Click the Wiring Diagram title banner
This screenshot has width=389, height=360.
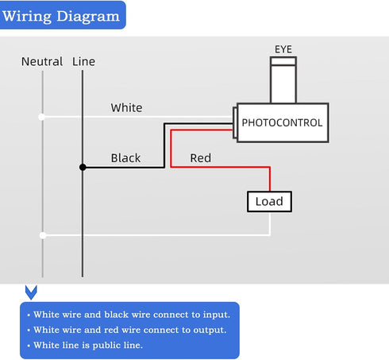[x=63, y=15]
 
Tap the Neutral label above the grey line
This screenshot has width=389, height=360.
[x=42, y=62]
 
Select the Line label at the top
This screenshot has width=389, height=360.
[x=83, y=62]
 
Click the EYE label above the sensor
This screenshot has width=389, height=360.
[x=283, y=49]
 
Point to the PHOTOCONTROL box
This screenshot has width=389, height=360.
[x=283, y=123]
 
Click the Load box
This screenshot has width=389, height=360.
[x=269, y=202]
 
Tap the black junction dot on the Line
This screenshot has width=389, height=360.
[x=83, y=167]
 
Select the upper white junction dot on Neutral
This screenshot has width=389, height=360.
[x=42, y=117]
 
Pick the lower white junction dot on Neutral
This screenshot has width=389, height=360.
[x=43, y=235]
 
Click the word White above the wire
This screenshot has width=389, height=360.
[x=126, y=108]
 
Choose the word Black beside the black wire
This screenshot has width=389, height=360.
[x=125, y=158]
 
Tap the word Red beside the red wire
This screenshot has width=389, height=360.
[x=201, y=158]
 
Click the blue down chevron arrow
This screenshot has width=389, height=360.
[x=31, y=292]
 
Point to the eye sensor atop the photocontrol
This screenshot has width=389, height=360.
[x=283, y=80]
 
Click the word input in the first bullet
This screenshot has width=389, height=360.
[x=217, y=315]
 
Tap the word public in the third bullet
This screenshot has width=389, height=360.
[x=106, y=346]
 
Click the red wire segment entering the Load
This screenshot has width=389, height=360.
[x=270, y=179]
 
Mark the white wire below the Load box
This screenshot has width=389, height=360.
[x=270, y=223]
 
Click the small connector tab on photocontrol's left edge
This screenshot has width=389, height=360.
[x=235, y=122]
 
